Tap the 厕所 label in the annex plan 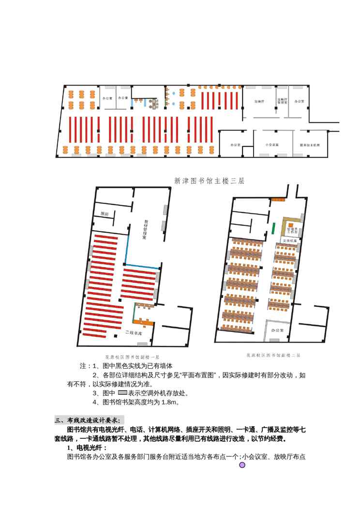105,213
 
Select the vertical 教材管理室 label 144,230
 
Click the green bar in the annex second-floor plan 273,228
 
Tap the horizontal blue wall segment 142,266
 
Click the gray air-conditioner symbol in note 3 122,392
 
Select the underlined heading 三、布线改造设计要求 89,419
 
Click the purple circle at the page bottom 242,465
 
